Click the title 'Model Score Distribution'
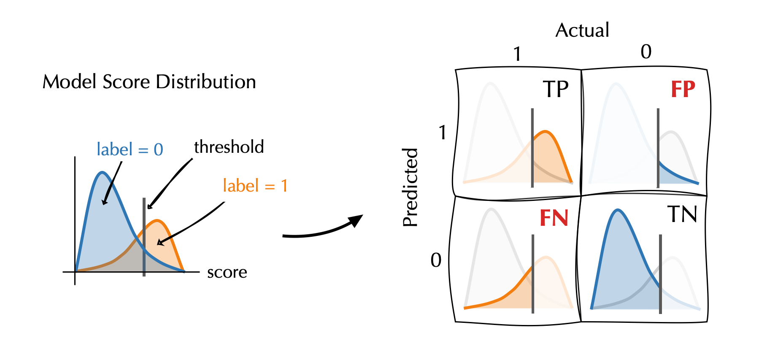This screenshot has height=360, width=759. pos(149,82)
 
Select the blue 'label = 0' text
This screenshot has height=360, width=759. pos(130,149)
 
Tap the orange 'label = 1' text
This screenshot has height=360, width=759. pos(255,186)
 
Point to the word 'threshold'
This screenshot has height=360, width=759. pos(229,147)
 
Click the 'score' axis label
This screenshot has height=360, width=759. pos(227,273)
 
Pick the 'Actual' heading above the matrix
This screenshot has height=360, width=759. pos(582,30)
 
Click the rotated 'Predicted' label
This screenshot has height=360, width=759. pos(410,187)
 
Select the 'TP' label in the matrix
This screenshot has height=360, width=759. pos(556,89)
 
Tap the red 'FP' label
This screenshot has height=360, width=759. pos(683,89)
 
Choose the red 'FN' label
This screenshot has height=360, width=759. pos(554,218)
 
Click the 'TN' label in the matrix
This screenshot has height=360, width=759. pos(682,214)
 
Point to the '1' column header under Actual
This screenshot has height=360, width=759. pos(517,54)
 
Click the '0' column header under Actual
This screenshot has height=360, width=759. pos(646,52)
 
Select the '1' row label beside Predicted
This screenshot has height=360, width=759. pos(442,133)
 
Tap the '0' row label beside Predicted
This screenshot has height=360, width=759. pos(436,260)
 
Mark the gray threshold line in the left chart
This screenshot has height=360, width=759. pos(144,236)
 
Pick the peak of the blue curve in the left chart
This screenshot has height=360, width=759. pos(102,173)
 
